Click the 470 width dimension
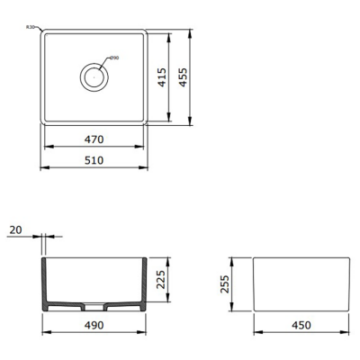[94, 139]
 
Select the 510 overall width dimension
[94, 160]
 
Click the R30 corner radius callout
[31, 28]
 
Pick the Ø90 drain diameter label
[113, 58]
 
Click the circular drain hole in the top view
[94, 76]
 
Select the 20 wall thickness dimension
[15, 230]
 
